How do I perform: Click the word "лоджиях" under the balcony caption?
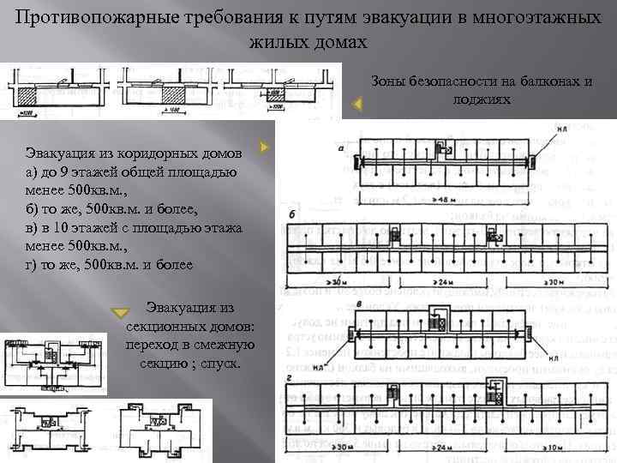tap(482, 99)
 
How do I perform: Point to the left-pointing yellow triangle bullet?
tap(358, 104)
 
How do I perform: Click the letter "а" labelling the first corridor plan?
tap(342, 147)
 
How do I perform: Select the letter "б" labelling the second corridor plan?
tap(294, 212)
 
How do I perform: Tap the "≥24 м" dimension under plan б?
tap(445, 280)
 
